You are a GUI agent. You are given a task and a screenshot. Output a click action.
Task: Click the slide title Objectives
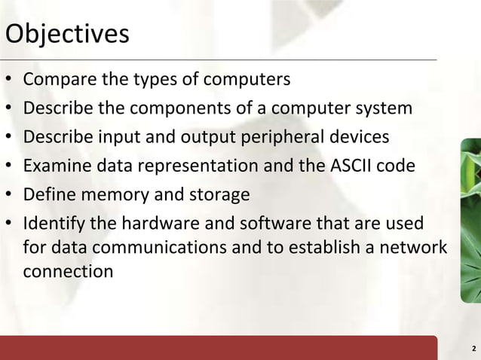coord(67,35)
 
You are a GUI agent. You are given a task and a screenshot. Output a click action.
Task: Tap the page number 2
coord(472,349)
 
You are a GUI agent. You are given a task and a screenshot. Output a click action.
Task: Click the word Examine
coord(55,166)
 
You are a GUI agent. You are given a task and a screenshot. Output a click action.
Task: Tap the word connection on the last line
coord(69,270)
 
